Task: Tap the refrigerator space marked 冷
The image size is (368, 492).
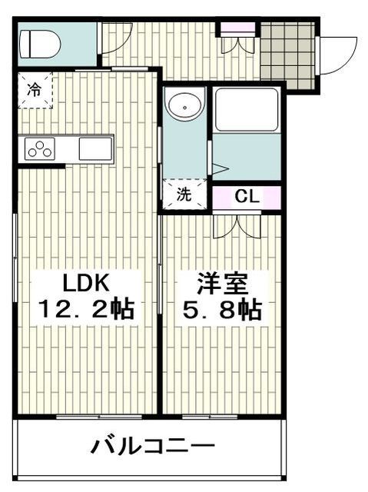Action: click(35, 88)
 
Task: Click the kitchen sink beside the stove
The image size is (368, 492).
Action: click(95, 148)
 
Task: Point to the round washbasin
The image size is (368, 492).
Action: click(184, 106)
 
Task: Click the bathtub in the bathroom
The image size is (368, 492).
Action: click(247, 111)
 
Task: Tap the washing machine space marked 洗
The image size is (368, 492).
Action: click(184, 195)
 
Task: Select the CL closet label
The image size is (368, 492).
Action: click(246, 196)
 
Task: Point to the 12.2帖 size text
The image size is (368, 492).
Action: click(86, 310)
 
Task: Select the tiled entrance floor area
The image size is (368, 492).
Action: click(288, 52)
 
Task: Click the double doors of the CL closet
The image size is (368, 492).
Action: click(237, 224)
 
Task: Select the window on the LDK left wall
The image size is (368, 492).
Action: click(16, 254)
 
